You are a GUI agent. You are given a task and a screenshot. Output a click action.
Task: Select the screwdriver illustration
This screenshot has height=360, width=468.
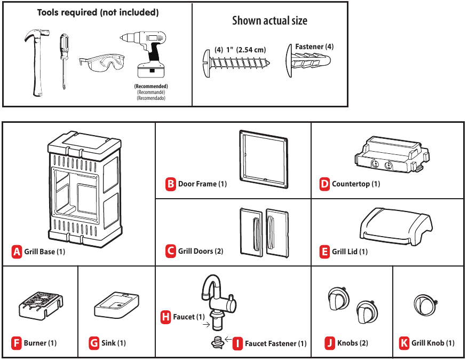tap(64, 61)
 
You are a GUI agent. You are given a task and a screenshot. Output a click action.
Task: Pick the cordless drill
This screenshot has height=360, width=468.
tap(147, 53)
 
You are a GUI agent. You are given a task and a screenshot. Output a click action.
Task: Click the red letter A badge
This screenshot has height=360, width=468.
tap(17, 251)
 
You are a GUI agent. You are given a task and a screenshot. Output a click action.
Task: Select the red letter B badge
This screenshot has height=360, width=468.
tap(171, 184)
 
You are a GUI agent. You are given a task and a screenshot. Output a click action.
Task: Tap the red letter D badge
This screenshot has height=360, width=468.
tap(324, 184)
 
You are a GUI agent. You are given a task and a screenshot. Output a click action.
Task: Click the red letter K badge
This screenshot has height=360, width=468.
tap(404, 343)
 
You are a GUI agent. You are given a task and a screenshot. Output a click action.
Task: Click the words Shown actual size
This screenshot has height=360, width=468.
tap(269, 21)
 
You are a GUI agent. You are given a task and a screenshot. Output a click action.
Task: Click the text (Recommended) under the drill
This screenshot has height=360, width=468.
tap(151, 86)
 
